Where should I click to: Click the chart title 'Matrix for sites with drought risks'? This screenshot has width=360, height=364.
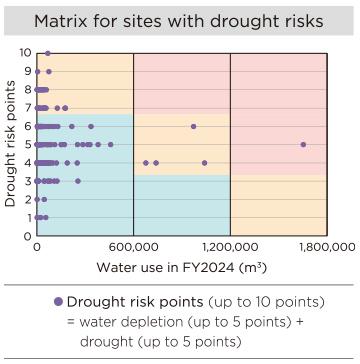tap(180, 21)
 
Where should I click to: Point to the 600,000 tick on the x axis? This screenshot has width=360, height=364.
tap(133, 246)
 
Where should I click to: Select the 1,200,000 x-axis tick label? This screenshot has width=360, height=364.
tap(230, 246)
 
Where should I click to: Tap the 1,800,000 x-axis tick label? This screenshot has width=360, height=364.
tap(327, 246)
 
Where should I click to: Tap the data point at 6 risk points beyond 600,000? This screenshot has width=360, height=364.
tap(193, 126)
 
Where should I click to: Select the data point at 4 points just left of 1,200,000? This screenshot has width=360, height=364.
tap(204, 162)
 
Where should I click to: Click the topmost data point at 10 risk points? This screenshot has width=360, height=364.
tap(47, 52)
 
